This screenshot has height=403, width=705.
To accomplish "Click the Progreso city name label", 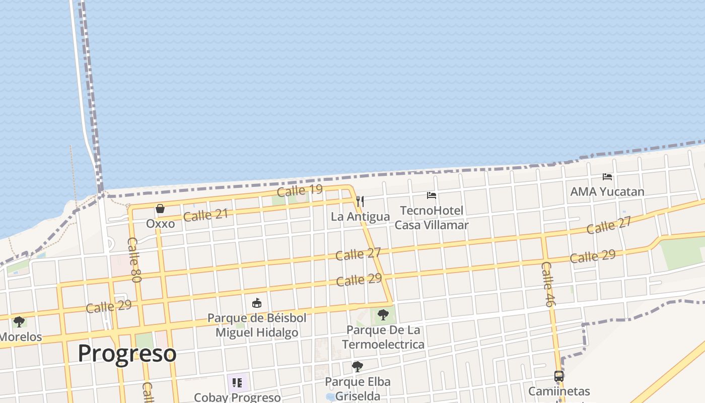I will click(127, 353).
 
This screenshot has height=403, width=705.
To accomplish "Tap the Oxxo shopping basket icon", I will click(160, 209).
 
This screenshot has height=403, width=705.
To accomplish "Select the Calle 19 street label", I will click(300, 190).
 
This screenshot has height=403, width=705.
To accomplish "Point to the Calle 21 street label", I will click(205, 215).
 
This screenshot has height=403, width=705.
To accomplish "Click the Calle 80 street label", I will click(134, 259).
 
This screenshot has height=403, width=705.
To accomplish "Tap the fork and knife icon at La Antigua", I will click(360, 201).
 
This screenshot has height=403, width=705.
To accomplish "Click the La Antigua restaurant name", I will click(360, 217).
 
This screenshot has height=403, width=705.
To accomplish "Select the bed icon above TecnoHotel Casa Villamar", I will click(432, 195).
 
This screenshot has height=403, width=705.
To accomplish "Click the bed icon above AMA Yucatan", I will click(607, 177).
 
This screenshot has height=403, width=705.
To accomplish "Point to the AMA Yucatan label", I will click(607, 192).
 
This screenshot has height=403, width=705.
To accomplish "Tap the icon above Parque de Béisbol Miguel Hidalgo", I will click(257, 303).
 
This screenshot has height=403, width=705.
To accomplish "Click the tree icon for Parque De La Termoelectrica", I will click(383, 315).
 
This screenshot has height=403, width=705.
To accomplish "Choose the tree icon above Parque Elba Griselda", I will click(358, 367).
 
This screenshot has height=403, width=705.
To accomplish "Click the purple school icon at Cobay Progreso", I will click(237, 383).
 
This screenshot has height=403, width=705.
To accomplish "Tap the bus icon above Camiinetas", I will click(559, 376).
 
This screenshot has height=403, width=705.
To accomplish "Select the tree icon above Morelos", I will click(19, 321).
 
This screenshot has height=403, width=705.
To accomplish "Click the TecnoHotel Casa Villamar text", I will click(432, 218).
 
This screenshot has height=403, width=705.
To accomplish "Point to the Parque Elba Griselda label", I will click(358, 389).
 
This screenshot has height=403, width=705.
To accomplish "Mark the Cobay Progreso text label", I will click(237, 397).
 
